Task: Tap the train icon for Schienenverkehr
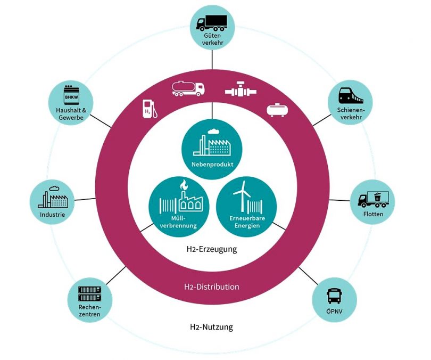[x=351, y=96]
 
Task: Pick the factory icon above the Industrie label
[x=52, y=198]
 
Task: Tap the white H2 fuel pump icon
[x=150, y=108]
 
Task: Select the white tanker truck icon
[x=188, y=89]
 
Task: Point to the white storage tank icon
[x=278, y=109]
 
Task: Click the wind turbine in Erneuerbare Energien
[x=242, y=194]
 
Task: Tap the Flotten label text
[x=374, y=214]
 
